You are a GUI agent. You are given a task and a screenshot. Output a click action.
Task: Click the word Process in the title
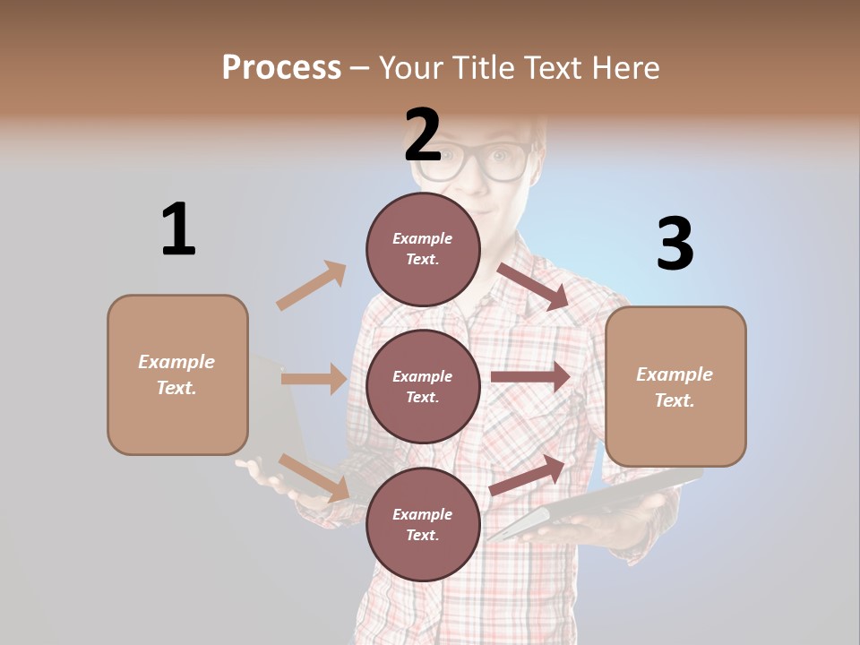pos(281,67)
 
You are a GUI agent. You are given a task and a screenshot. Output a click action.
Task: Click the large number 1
pos(178,229)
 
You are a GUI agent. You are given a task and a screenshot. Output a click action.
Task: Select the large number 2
pos(423,135)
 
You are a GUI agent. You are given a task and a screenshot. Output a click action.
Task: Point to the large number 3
pos(675,244)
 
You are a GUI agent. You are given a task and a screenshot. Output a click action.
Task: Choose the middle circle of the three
pos(423,386)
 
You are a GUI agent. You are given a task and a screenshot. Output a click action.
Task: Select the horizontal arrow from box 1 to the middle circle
pos(314,379)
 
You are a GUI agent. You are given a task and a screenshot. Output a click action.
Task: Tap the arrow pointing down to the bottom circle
pos(314,477)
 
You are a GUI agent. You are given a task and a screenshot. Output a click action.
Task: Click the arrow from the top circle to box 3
pos(534,286)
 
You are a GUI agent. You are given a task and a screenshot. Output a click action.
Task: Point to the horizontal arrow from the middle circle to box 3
pos(530,377)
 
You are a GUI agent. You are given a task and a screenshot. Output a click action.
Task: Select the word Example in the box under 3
pos(675,374)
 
